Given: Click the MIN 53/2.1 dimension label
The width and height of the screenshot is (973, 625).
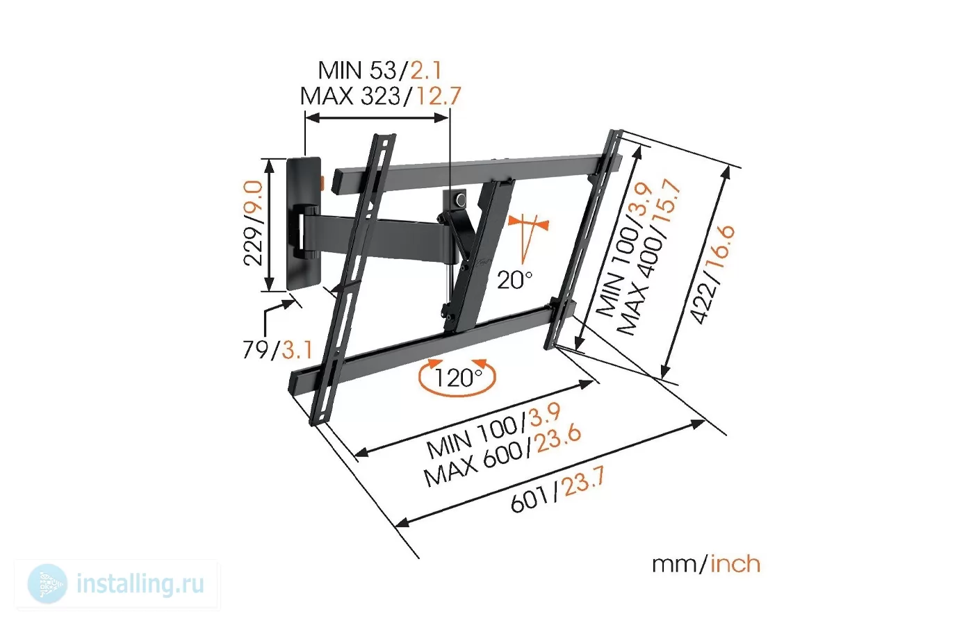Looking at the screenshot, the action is [380, 70].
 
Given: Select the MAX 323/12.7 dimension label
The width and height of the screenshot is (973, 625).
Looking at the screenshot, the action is [380, 96].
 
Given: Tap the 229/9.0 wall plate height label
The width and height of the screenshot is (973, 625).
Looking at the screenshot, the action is [253, 223].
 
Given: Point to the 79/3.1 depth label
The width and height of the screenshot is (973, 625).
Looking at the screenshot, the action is [277, 349].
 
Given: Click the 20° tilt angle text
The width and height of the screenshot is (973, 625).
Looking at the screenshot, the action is [515, 280].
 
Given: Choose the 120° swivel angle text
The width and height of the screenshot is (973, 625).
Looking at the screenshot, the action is [458, 378].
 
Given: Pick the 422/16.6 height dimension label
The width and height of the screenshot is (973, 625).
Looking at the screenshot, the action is [712, 274].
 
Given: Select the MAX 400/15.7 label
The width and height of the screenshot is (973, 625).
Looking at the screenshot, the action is [648, 257].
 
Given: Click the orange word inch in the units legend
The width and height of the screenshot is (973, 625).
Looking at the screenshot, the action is [735, 564].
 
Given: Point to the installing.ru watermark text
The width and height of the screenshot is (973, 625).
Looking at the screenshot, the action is [140, 584].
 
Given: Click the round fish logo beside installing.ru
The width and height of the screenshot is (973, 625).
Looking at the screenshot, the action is [47, 584].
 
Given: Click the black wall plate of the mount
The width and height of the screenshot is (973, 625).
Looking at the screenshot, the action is [304, 224].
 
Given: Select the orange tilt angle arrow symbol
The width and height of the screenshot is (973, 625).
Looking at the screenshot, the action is [528, 237].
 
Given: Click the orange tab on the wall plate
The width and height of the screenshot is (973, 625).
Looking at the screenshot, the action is [322, 183].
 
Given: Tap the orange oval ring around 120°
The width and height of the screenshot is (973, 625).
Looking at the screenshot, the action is [457, 394].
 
